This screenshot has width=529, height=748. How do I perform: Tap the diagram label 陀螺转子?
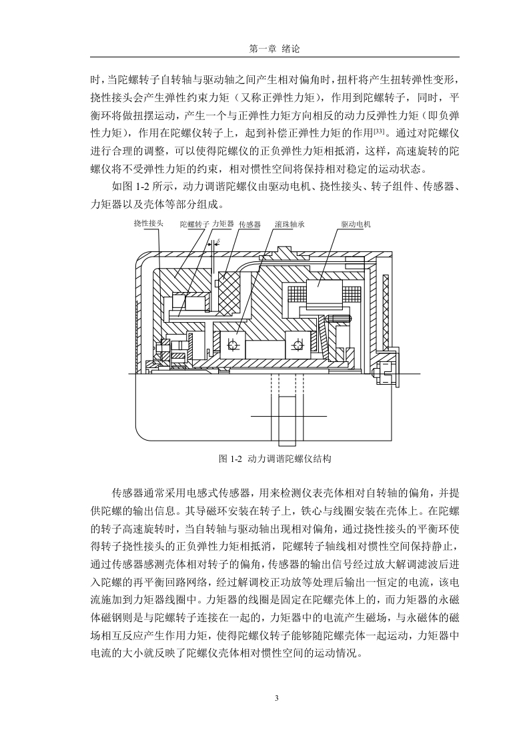tap(195, 224)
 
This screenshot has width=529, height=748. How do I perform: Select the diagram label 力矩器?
tap(223, 223)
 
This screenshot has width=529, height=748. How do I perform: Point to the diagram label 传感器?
tap(249, 224)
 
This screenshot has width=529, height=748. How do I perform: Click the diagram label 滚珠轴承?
tap(290, 224)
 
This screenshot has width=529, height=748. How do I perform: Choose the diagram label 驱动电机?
tap(356, 224)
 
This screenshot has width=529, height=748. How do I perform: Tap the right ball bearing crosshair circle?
tap(298, 345)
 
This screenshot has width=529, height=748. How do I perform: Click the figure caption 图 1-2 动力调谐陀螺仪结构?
tap(275, 459)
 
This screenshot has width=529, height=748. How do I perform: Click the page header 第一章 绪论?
tap(275, 49)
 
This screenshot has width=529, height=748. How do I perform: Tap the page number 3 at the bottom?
tap(276, 699)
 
